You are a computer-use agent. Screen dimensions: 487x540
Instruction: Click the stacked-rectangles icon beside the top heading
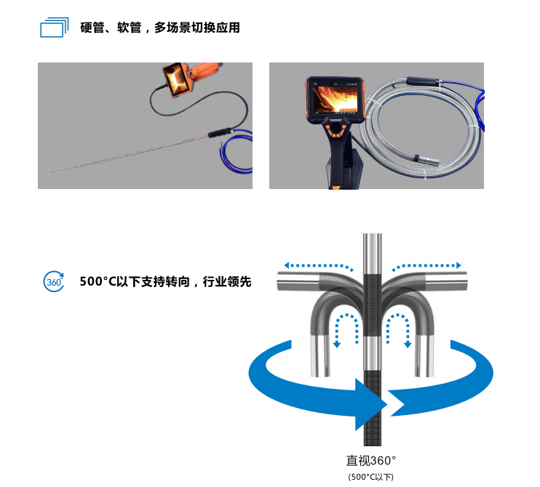click(54, 28)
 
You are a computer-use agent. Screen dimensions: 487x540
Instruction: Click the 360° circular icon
click(54, 281)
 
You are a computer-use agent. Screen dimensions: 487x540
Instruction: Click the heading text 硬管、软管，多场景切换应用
click(160, 28)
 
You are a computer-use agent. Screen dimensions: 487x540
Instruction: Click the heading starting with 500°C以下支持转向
click(165, 281)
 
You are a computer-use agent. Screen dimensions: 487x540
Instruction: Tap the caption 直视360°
click(371, 460)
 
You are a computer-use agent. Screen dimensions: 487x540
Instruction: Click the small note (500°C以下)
click(371, 477)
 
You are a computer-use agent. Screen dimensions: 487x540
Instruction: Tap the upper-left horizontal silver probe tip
click(297, 281)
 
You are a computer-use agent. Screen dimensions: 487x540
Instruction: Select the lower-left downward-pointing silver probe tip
click(321, 356)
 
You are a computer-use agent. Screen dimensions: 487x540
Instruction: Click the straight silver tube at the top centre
click(373, 251)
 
